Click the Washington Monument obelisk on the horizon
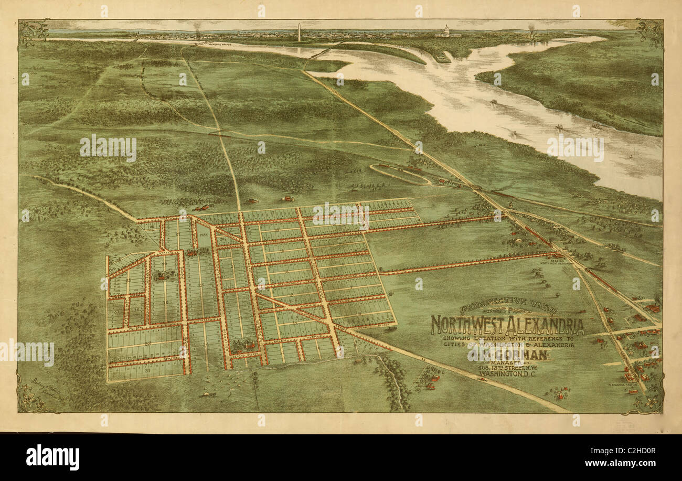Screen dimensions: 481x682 pos(299,32)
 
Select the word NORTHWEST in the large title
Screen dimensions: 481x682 pos(467,325)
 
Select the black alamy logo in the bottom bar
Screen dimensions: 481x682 pos(52,457)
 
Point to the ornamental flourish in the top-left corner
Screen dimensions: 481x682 pos(33,33)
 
